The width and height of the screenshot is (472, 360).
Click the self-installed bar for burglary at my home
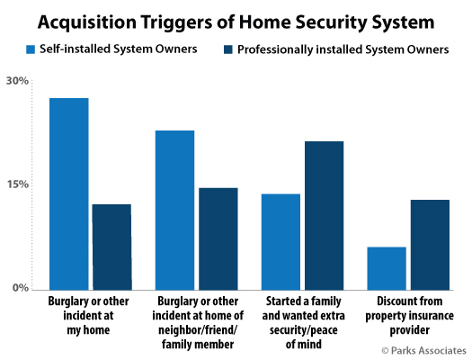69,194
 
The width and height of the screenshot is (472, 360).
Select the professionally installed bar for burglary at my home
111,247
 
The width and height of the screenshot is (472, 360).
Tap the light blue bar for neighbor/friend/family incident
175,211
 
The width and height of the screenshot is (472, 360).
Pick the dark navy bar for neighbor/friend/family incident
218,238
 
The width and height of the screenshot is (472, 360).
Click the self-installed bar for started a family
281,242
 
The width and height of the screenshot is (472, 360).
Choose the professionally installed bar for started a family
325,216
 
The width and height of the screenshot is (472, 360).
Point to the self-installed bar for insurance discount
387,268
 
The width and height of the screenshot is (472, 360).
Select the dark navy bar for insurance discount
430,245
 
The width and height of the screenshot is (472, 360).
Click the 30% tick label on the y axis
17,81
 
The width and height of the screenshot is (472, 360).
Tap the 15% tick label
18,184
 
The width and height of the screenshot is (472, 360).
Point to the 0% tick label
21,288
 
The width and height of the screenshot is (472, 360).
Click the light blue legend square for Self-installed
31,49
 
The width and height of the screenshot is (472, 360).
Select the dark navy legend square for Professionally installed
228,49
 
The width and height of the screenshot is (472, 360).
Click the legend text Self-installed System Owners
119,49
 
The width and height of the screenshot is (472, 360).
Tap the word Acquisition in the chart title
87,22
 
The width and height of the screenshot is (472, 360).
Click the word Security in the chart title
331,22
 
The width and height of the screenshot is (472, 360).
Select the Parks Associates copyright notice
423,351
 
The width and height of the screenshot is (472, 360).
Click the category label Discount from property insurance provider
409,315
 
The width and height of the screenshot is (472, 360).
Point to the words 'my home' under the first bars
88,330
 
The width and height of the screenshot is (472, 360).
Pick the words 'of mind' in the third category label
304,344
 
